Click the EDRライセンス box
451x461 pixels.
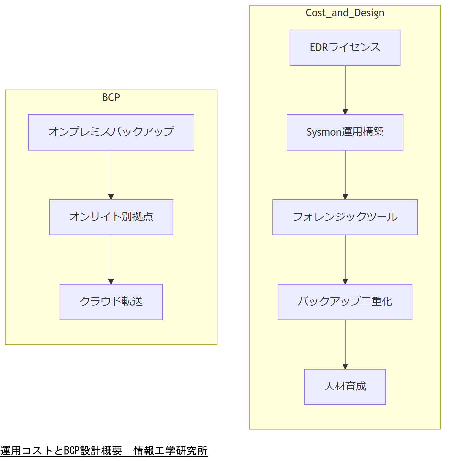345,48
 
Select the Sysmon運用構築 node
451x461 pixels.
345,132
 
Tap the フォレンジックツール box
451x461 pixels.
345,217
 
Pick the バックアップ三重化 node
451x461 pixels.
345,302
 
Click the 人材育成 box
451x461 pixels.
345,387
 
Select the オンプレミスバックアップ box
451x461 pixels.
111,132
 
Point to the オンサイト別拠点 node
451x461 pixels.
111,217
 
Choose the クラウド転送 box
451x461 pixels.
111,302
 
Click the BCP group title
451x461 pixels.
111,97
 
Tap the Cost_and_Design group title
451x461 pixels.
345,13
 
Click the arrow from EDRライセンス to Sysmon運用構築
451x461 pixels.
345,90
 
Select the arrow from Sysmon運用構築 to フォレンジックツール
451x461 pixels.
345,175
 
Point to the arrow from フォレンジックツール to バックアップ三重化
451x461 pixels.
345,259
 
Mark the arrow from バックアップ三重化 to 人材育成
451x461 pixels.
345,344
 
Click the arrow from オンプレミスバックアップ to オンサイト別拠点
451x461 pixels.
111,175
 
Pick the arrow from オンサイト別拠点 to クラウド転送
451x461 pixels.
111,259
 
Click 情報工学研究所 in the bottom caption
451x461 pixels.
170,451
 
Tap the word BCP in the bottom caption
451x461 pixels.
72,451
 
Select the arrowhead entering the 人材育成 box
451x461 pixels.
345,366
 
